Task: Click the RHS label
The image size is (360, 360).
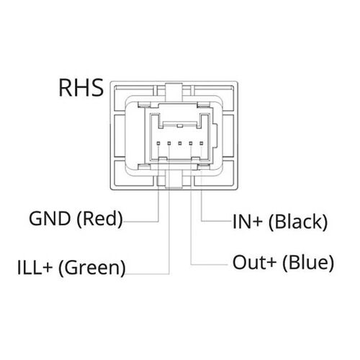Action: [81, 88]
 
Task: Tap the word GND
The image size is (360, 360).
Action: [50, 218]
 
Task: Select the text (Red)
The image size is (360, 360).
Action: [100, 219]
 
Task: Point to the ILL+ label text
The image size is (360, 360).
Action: [35, 267]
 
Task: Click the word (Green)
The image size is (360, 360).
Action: [92, 268]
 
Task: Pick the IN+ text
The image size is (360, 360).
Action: [248, 222]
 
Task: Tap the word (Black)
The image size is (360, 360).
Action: [298, 222]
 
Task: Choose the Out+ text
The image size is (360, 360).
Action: [254, 262]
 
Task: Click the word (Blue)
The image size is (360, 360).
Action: [308, 263]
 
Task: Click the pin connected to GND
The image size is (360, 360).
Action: [158, 143]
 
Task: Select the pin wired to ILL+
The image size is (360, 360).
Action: [169, 143]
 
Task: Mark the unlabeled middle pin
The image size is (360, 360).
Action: [180, 143]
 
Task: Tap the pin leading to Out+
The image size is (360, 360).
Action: [191, 143]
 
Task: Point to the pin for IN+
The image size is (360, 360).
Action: [202, 143]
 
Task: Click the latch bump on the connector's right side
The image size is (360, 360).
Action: [215, 136]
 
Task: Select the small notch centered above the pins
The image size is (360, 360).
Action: [179, 126]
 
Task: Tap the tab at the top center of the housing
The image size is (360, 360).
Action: [174, 92]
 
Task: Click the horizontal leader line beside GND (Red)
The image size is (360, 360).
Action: [141, 221]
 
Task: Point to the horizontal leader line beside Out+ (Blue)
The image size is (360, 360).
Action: [210, 265]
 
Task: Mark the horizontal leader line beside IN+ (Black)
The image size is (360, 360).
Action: [217, 221]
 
